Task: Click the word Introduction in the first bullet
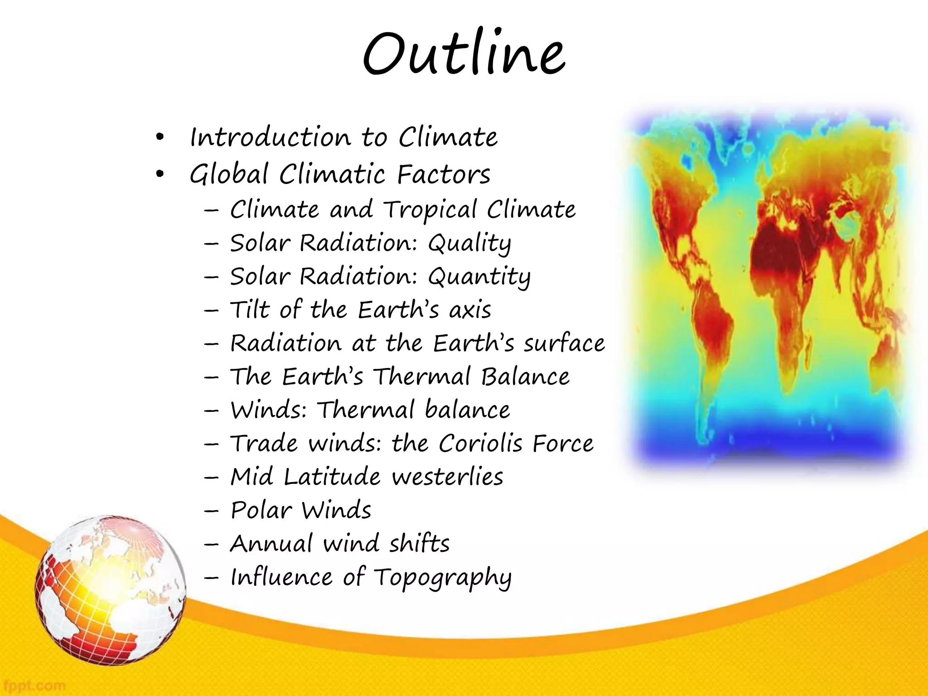[270, 137]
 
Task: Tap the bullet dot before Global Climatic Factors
[159, 174]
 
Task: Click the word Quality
[469, 244]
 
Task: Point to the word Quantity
[479, 277]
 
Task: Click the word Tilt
[250, 310]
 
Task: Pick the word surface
[564, 343]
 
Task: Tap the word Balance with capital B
[525, 377]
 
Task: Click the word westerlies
[447, 477]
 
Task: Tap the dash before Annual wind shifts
[211, 544]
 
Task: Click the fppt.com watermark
[33, 685]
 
